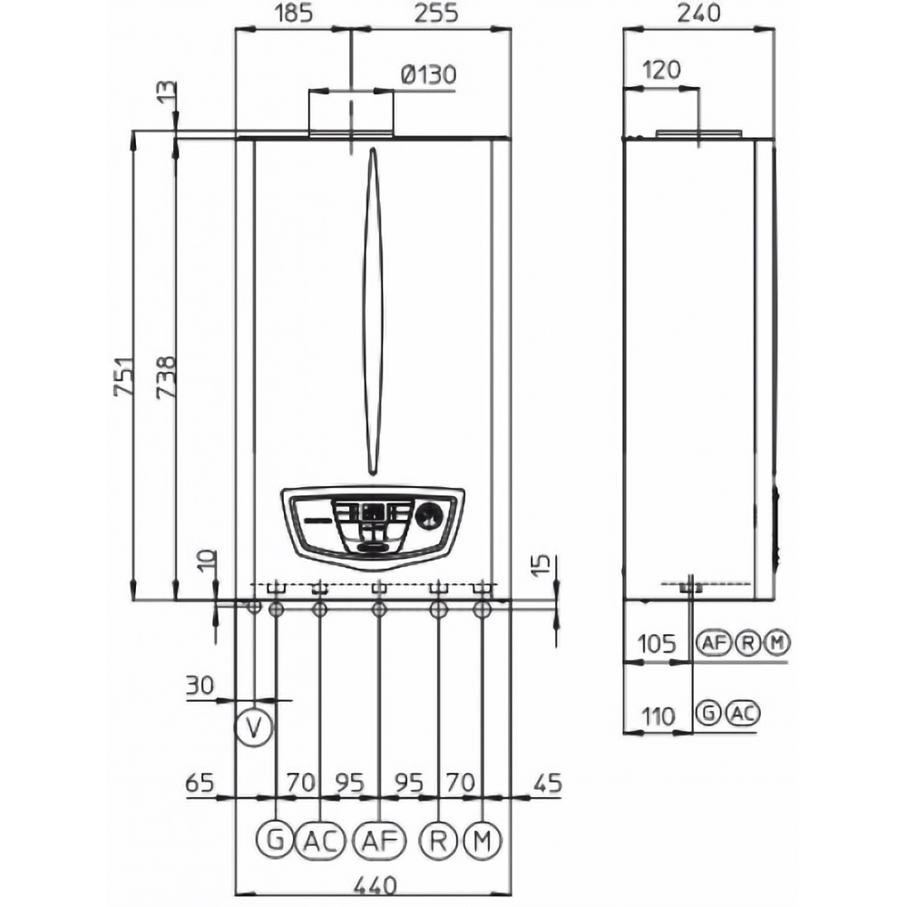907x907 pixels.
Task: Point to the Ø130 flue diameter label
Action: click(429, 74)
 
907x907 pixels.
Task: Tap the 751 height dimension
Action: click(123, 376)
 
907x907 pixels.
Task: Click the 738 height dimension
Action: click(165, 376)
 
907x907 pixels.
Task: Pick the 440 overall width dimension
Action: click(375, 885)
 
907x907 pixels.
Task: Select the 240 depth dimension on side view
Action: click(700, 13)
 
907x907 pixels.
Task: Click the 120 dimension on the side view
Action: click(662, 70)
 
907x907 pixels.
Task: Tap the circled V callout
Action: click(253, 727)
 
